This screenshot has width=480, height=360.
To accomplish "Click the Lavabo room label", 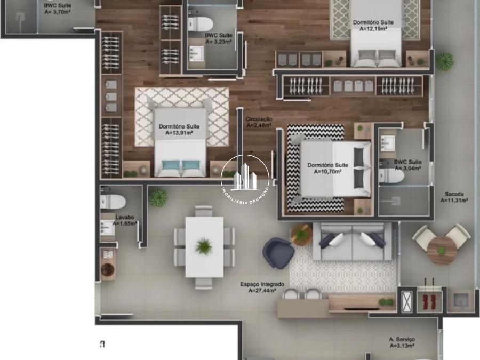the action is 125,218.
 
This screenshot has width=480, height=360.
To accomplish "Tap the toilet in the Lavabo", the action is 113,202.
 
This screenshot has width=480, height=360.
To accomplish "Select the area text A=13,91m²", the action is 179,133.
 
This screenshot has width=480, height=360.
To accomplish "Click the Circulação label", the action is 259,119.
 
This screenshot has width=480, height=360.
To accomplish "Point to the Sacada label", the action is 454,194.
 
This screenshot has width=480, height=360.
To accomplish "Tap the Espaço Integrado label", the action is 262,284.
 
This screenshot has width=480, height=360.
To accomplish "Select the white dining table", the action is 204,247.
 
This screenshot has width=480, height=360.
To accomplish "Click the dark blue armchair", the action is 278,253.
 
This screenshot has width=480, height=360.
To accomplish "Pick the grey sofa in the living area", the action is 353,242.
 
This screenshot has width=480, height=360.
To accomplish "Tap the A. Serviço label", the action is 402,340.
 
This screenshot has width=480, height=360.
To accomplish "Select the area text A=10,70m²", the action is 327,172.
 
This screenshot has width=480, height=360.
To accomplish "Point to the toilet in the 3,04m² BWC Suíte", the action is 391,176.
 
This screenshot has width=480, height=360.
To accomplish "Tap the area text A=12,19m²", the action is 373,29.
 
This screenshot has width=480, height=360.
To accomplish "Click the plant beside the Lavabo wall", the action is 158,197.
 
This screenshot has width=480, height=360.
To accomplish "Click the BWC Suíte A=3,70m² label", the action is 57,9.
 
